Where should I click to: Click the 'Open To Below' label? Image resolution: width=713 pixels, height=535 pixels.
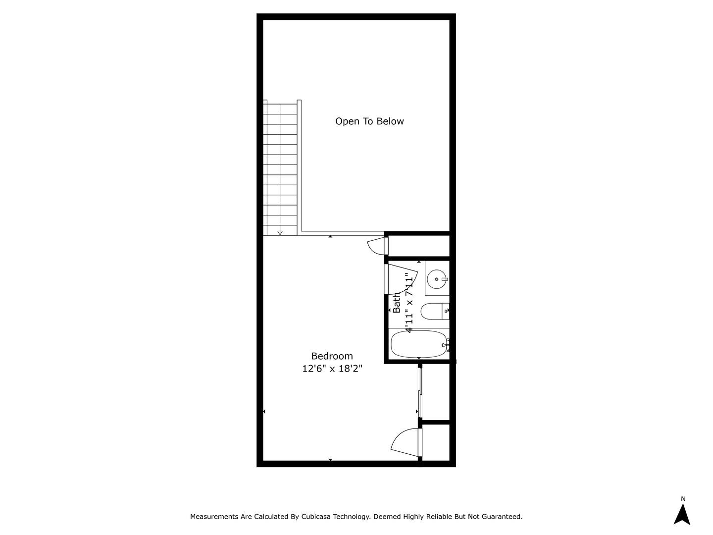click(369, 121)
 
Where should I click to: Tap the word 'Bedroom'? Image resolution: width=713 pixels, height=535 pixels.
click(332, 356)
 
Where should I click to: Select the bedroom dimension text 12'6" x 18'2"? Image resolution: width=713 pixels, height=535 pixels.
click(332, 369)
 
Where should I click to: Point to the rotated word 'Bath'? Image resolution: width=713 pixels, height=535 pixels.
click(397, 302)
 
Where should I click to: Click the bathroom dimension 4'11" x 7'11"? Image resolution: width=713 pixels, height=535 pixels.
click(409, 302)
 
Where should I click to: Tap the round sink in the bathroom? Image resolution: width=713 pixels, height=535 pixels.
click(437, 279)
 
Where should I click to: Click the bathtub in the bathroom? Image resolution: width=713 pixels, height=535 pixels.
click(419, 343)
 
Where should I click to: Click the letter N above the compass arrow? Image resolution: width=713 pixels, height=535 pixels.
click(683, 499)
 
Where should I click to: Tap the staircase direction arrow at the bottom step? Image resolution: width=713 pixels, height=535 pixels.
click(280, 232)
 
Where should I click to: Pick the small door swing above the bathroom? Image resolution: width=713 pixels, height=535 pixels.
click(376, 247)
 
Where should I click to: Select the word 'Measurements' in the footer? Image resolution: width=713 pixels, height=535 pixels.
click(214, 517)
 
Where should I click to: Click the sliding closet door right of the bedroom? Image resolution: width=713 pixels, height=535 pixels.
click(420, 391)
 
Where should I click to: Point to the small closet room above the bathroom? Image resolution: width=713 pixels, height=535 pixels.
click(418, 246)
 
